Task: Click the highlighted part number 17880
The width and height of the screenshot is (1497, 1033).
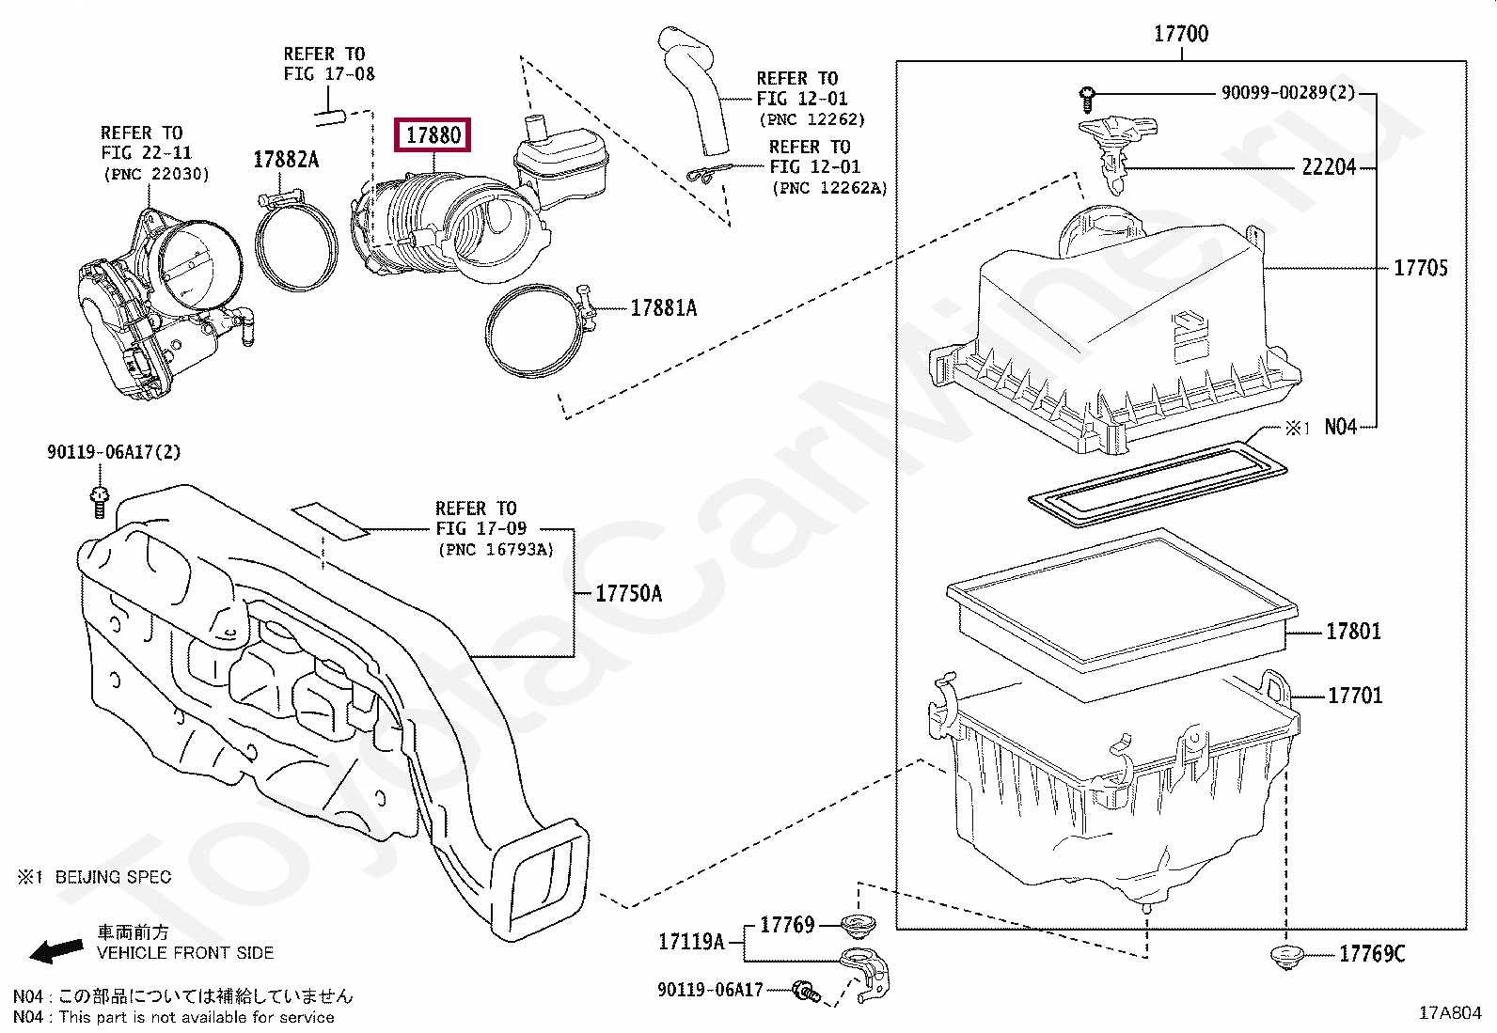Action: tap(433, 135)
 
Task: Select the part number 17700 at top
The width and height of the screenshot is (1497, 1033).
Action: tap(1180, 34)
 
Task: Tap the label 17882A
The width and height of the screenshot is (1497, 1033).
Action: tap(286, 160)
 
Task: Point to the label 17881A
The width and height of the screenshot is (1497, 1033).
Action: tap(663, 308)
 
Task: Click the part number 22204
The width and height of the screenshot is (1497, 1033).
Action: tap(1328, 167)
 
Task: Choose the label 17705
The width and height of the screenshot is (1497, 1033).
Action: tap(1420, 268)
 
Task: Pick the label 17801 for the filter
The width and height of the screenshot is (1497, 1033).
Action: tap(1352, 632)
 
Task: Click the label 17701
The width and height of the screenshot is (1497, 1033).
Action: tap(1354, 696)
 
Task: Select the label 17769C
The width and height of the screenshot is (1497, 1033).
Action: tap(1371, 954)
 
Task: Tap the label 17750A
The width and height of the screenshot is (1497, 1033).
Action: tap(628, 593)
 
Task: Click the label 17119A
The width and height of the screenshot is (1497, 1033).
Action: tap(691, 942)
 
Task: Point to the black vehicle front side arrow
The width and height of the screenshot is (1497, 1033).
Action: tap(56, 951)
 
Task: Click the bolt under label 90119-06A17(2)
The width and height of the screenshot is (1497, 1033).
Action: tap(100, 500)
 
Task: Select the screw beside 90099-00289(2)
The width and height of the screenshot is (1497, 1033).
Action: tap(1087, 95)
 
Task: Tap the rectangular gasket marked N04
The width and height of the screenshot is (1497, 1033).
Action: tap(1157, 481)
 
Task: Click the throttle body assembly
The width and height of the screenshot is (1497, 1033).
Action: tap(160, 301)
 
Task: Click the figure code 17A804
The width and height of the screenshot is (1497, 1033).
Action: tap(1449, 1012)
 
